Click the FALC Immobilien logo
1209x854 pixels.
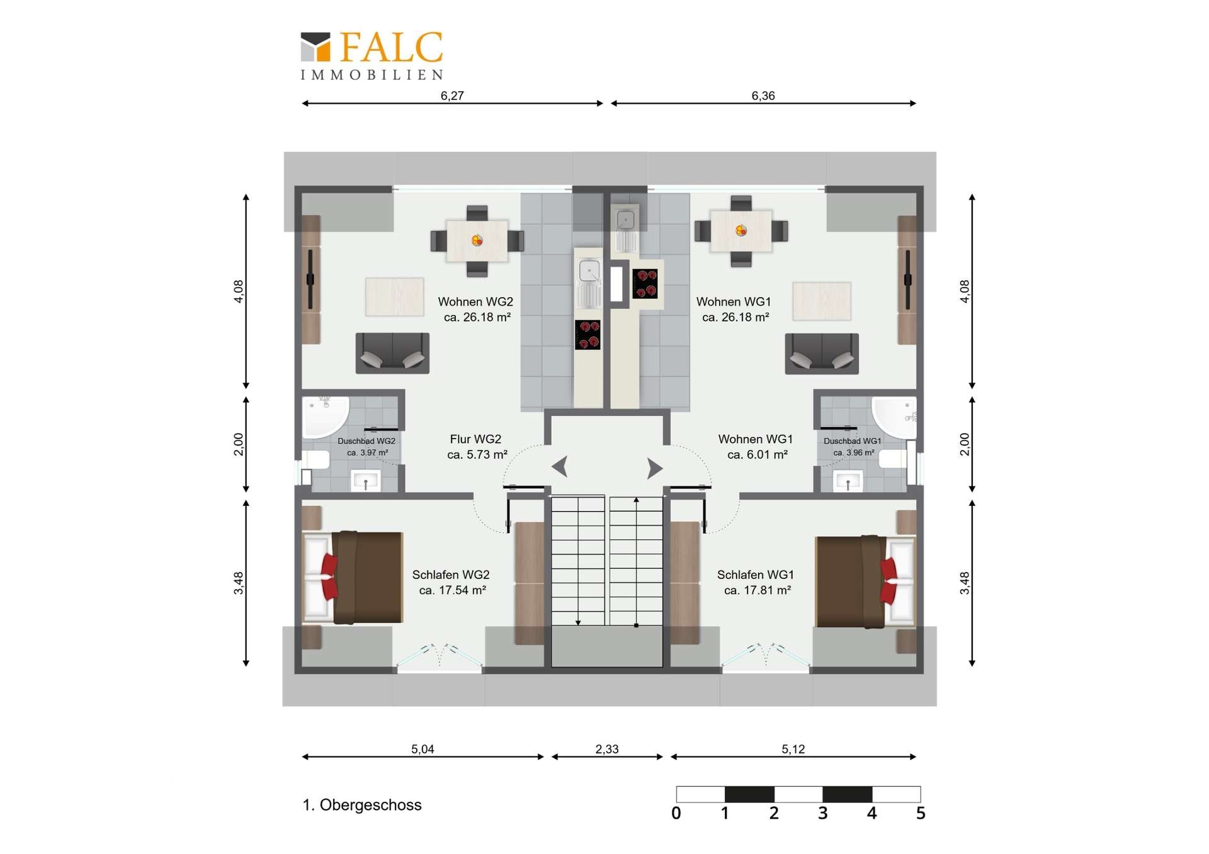[372, 56]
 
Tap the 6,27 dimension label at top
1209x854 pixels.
[452, 96]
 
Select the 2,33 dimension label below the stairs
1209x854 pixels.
[607, 749]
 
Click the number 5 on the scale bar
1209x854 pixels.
[920, 813]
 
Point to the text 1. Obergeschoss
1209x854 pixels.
[362, 805]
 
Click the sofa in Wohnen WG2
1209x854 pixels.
[392, 353]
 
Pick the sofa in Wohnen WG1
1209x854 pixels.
[822, 353]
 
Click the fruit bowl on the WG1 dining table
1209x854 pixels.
[741, 230]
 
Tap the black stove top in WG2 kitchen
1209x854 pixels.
[587, 334]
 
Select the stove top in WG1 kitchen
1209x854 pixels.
[645, 283]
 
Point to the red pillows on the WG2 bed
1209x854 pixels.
[329, 576]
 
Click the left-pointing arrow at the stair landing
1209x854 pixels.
[560, 467]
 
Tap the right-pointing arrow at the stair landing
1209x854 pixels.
[655, 468]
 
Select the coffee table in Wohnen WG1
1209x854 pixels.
[822, 301]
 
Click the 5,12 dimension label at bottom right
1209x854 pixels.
[793, 749]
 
